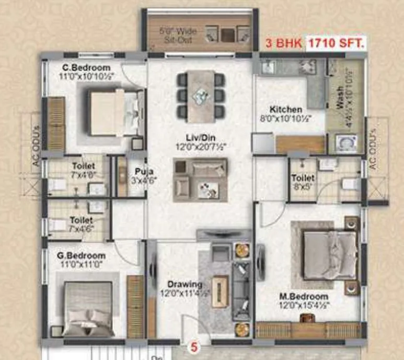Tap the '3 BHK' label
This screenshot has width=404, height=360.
[x=284, y=44]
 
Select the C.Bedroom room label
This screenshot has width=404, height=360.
[x=87, y=67]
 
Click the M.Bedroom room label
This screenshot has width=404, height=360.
[x=303, y=297]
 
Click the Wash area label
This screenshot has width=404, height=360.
[x=340, y=97]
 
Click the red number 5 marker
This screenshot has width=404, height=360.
[x=194, y=346]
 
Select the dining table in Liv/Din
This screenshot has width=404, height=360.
[x=201, y=95]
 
